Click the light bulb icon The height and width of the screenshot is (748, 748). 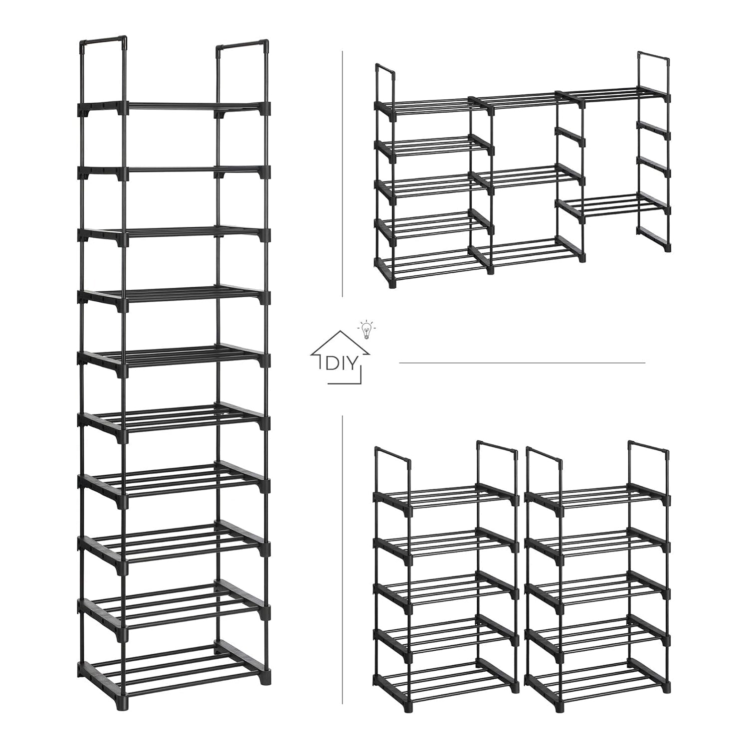367,329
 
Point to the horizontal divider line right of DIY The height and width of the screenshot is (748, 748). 522,363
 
